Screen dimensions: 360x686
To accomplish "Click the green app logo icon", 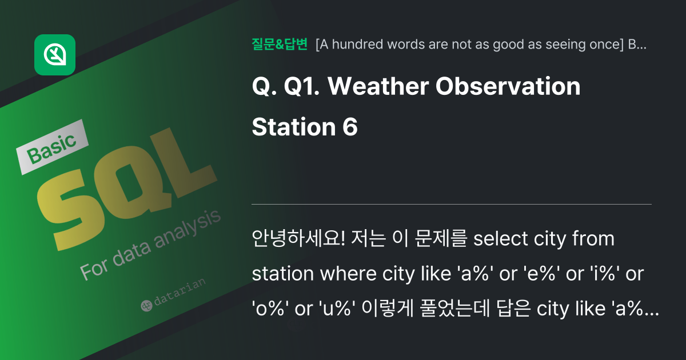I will pos(55,55).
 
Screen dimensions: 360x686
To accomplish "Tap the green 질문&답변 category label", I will pos(280,44).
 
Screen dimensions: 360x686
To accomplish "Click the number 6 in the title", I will pos(350,127).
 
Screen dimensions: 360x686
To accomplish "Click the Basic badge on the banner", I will pos(52,147).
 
